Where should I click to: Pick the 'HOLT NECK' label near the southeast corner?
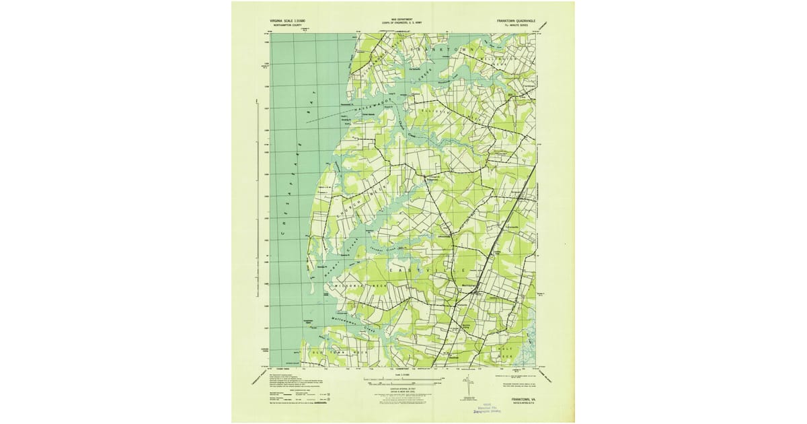506,351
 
